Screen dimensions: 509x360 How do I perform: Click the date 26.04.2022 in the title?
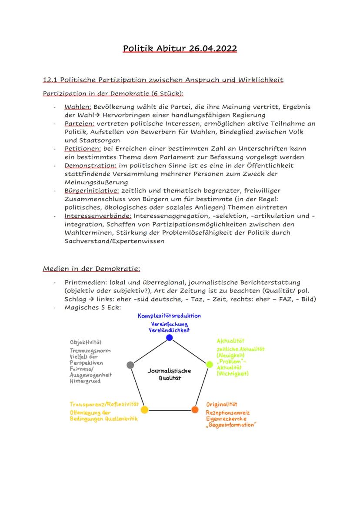coord(213,48)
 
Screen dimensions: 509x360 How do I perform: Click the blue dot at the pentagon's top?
coord(170,337)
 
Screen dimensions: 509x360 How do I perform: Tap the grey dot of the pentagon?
coord(130,365)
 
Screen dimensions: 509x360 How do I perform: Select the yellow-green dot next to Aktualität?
coord(209,364)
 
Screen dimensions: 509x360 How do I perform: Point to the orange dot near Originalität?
coord(194,409)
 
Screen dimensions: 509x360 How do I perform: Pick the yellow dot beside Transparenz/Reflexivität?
coord(145,409)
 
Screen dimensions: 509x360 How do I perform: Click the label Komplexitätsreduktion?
coord(169,316)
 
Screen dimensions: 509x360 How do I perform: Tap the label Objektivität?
coord(86,342)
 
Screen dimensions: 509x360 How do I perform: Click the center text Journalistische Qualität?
coord(169,374)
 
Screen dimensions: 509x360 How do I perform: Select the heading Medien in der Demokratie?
coord(91,269)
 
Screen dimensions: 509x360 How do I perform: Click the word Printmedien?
coord(86,282)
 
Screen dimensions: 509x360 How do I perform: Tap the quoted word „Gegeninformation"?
coord(231,425)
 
